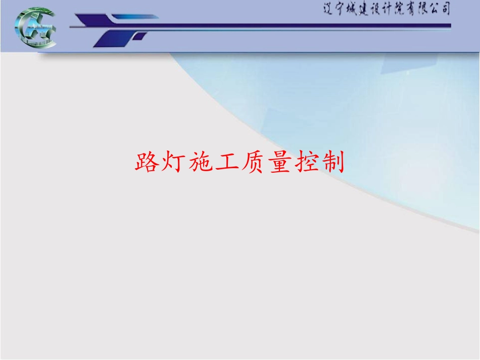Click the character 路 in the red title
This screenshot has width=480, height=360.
pos(147,163)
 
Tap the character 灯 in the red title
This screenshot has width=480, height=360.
pos(174,163)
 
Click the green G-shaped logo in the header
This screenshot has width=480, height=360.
pos(36,29)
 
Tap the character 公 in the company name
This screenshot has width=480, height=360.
pos(432,9)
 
